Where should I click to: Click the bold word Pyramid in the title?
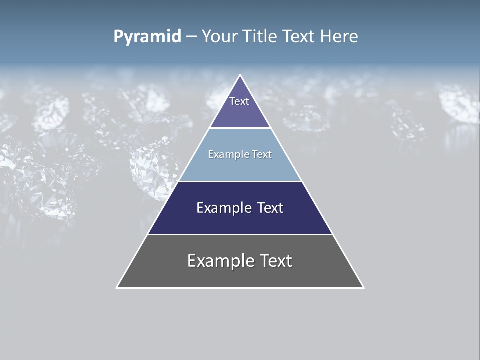(147, 37)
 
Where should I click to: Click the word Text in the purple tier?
(239, 101)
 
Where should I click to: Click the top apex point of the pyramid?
(240, 75)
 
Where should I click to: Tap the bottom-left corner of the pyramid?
(117, 287)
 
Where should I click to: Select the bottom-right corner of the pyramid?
(363, 287)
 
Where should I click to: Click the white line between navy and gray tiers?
(240, 234)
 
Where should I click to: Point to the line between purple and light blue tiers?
(240, 128)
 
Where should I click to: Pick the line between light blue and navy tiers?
(240, 181)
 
